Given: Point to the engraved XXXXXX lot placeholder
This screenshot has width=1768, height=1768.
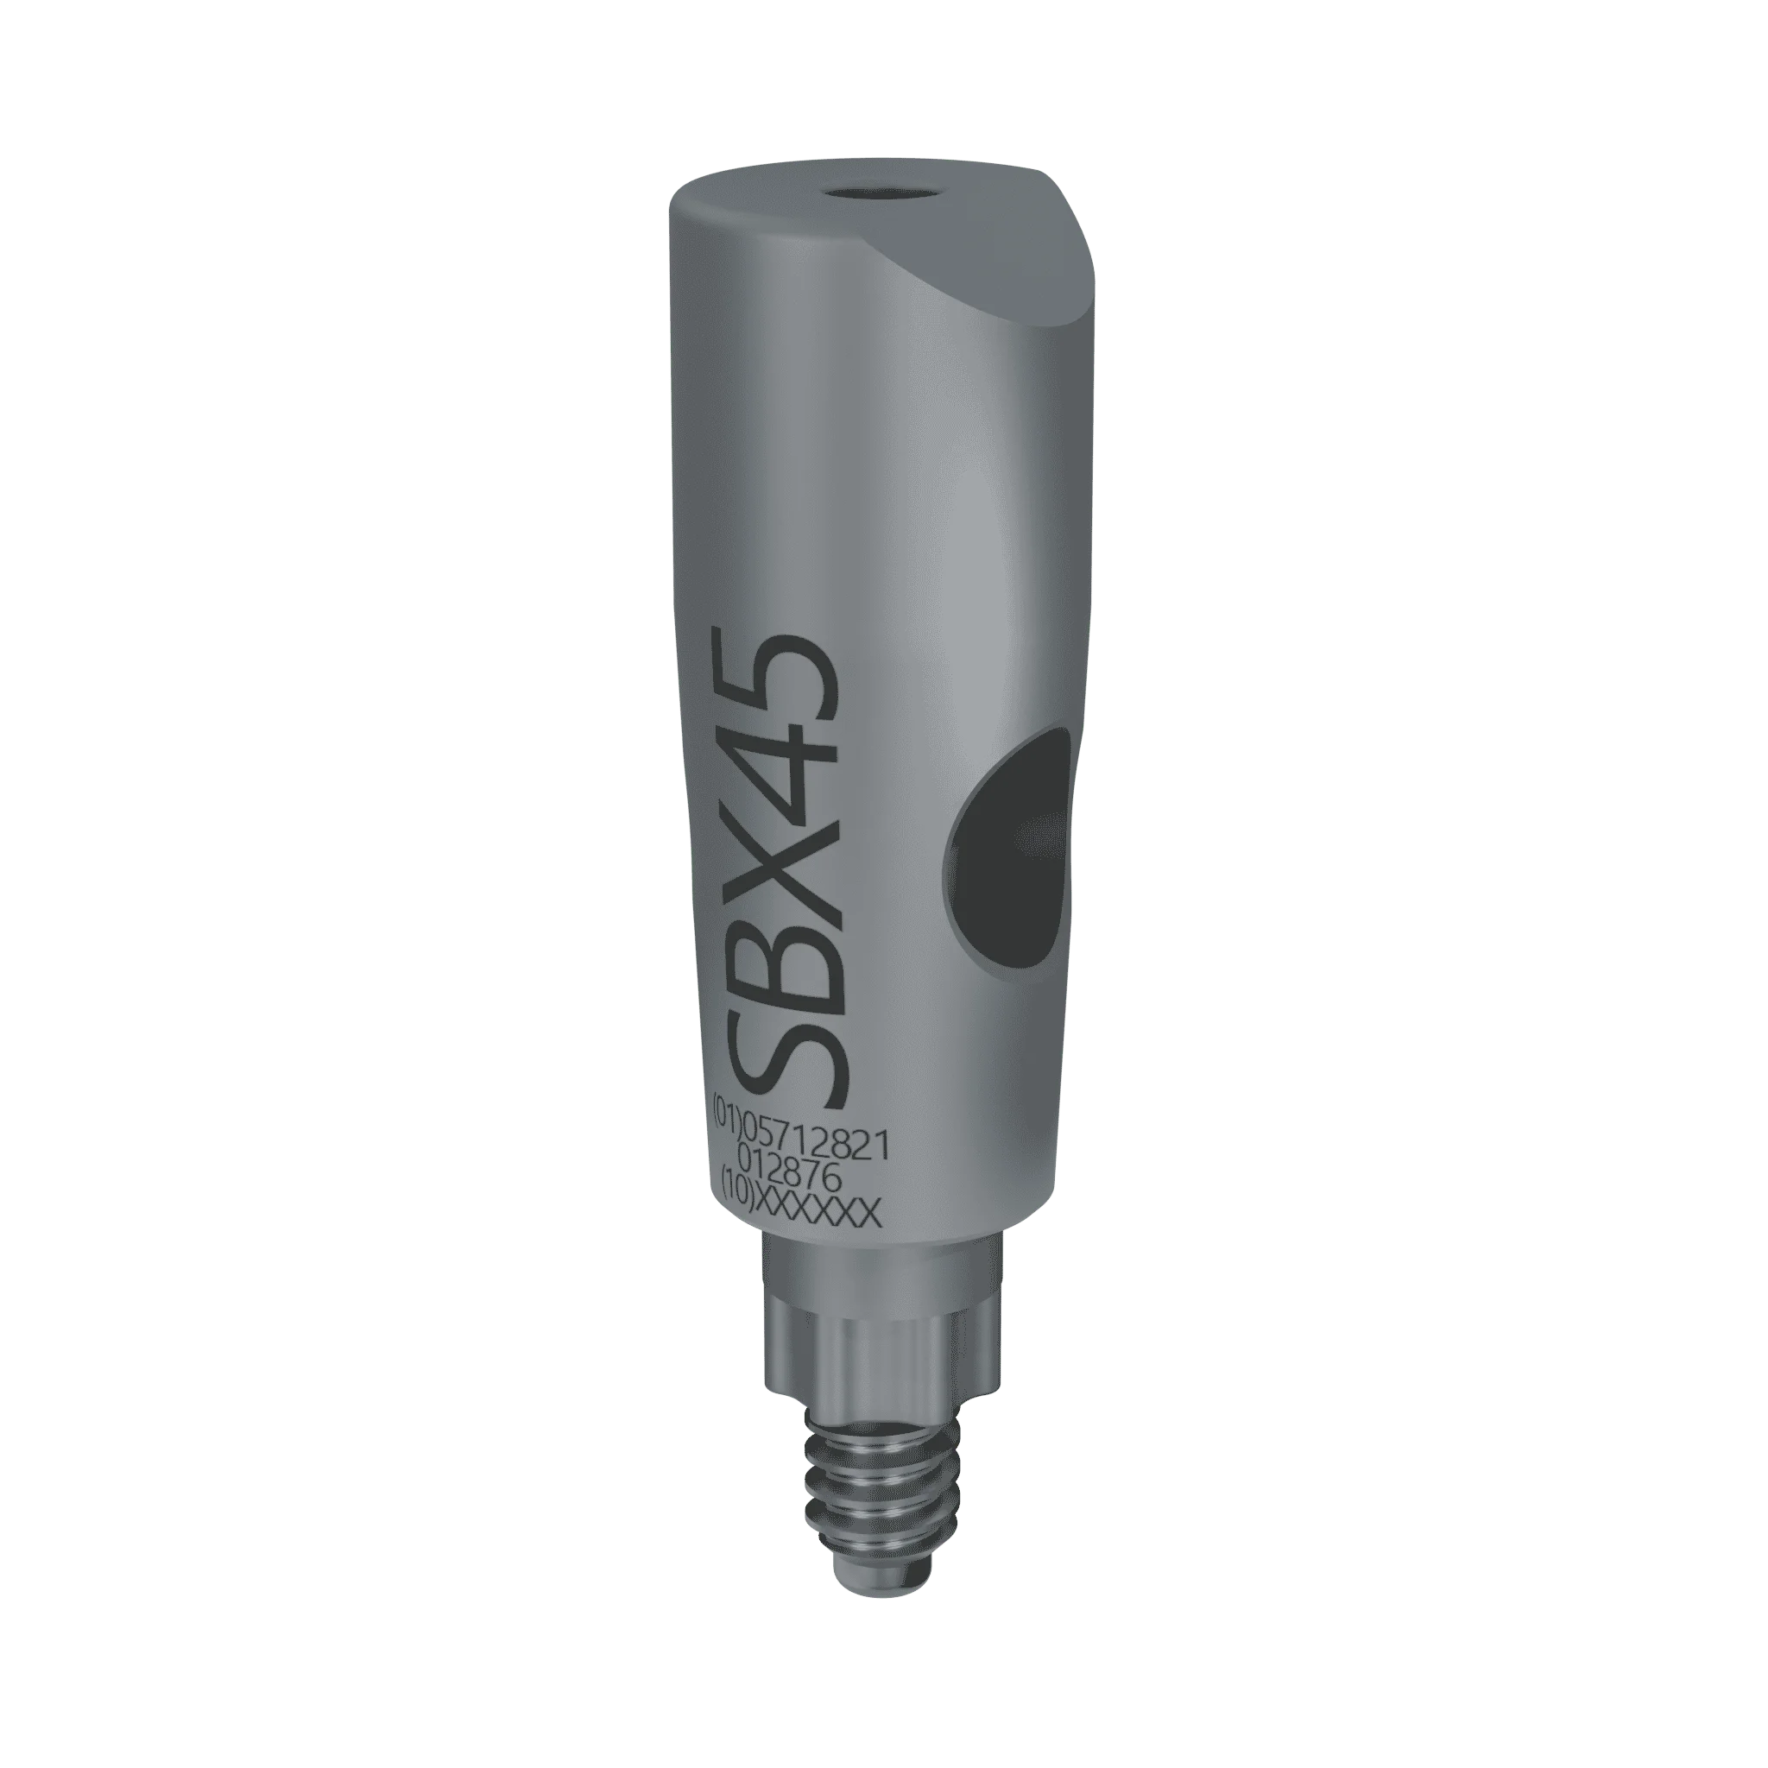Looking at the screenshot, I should [817, 1213].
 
